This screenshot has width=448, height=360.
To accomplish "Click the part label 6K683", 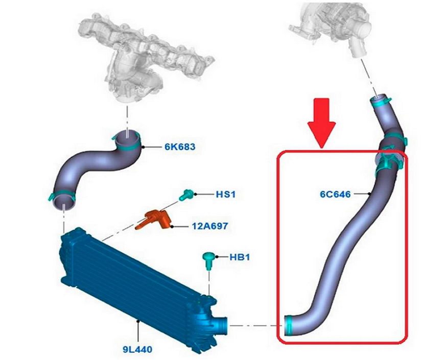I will click(x=179, y=147).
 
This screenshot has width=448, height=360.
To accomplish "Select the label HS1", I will click(x=225, y=195).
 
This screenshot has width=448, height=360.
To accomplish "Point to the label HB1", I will click(x=239, y=257).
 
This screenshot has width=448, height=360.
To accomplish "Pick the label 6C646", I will click(x=335, y=194).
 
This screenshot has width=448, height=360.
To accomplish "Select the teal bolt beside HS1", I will click(x=186, y=195).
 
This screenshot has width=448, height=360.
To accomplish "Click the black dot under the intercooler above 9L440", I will click(x=138, y=322).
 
